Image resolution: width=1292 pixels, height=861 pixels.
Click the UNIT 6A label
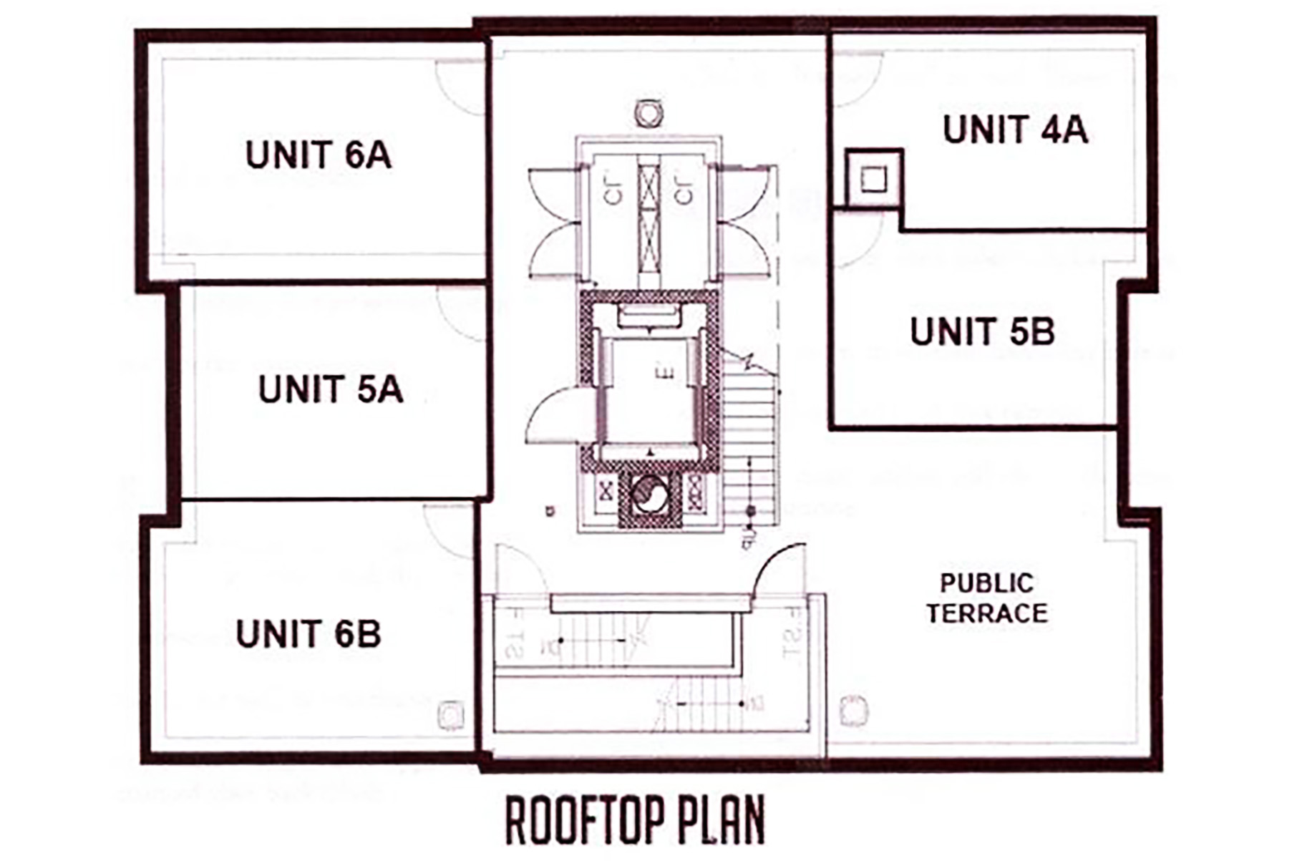coord(319,155)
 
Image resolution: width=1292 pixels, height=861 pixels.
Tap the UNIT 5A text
coord(331,389)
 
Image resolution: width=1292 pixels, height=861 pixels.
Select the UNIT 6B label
coord(309,634)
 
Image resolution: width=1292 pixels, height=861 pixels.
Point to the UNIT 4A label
coord(1015,130)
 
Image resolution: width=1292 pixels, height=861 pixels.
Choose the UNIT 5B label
coord(982,331)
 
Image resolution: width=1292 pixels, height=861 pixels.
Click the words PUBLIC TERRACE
coord(986,598)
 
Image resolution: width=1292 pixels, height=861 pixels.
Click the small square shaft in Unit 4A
coord(873,178)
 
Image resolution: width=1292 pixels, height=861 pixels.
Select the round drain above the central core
coord(649,113)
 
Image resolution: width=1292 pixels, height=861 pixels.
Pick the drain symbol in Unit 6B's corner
coord(450,714)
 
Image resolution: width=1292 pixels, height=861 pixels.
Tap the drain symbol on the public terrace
coord(853,710)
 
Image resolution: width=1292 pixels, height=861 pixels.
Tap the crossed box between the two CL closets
coord(649,215)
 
